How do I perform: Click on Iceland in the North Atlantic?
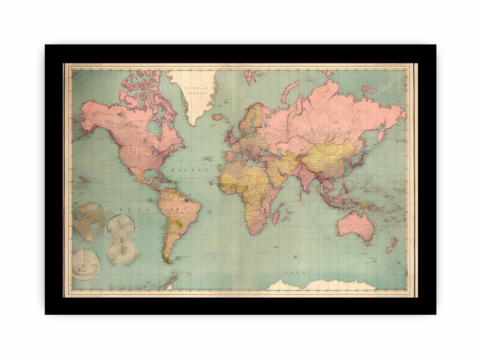click(218, 117)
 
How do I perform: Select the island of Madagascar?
click(276, 217)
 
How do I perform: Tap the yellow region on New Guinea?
click(363, 205)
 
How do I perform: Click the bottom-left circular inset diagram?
click(86, 264)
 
